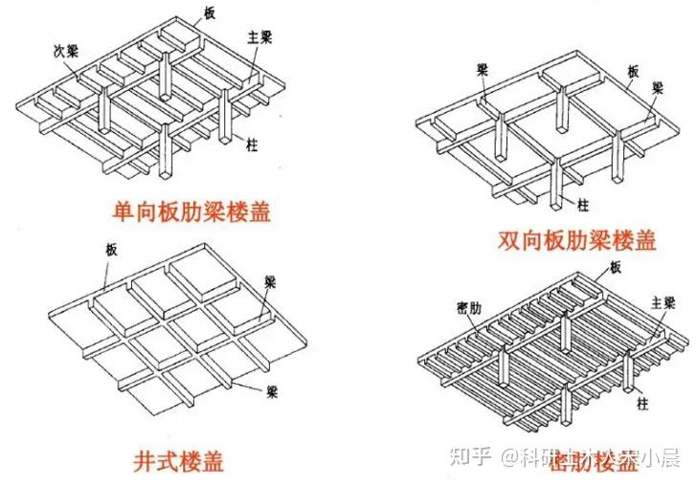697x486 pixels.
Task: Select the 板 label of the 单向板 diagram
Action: (x=210, y=11)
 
